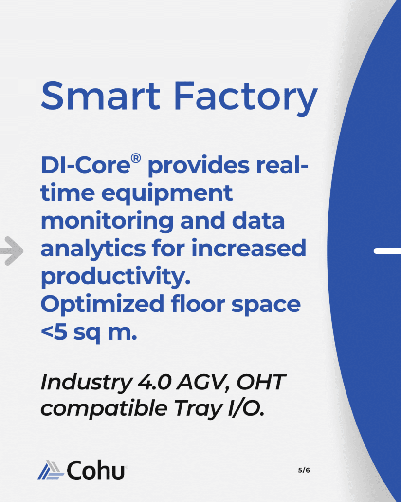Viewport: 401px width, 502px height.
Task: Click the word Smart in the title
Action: pyautogui.click(x=100, y=96)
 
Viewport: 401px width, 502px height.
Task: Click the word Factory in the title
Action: pyautogui.click(x=246, y=98)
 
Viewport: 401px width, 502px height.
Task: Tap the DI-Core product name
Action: pyautogui.click(x=86, y=165)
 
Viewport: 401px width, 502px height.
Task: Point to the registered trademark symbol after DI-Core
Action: pyautogui.click(x=136, y=158)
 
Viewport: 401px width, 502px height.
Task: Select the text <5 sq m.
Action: pyautogui.click(x=89, y=333)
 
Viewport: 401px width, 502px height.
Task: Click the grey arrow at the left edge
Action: pyautogui.click(x=12, y=251)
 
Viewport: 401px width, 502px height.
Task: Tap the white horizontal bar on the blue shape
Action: pyautogui.click(x=387, y=251)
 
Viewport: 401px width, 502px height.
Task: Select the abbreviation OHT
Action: pyautogui.click(x=261, y=382)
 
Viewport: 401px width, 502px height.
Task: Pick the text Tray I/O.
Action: pyautogui.click(x=219, y=409)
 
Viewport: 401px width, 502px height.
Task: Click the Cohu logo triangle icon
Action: pyautogui.click(x=51, y=470)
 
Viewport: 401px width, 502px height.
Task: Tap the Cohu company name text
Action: pyautogui.click(x=95, y=470)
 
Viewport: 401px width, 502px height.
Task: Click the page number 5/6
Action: pyautogui.click(x=304, y=470)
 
